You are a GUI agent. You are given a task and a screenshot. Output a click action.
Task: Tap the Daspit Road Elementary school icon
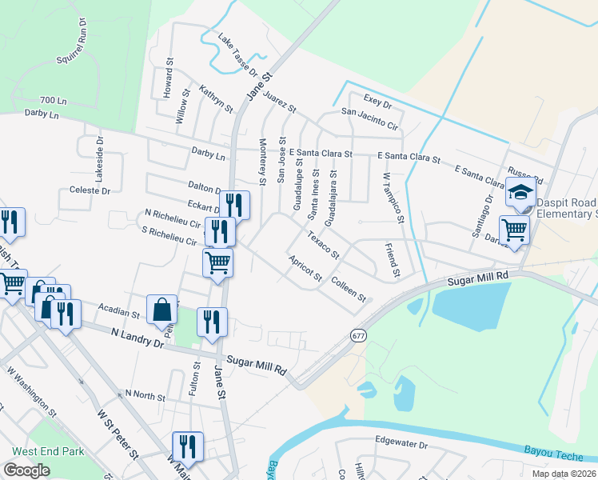[520, 194]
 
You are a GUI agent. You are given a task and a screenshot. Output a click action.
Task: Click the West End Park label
[48, 451]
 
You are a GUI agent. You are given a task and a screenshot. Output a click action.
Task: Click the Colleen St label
[348, 289]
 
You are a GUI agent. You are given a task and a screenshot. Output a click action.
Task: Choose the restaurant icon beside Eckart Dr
[233, 205]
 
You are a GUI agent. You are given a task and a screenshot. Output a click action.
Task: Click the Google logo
[27, 470]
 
